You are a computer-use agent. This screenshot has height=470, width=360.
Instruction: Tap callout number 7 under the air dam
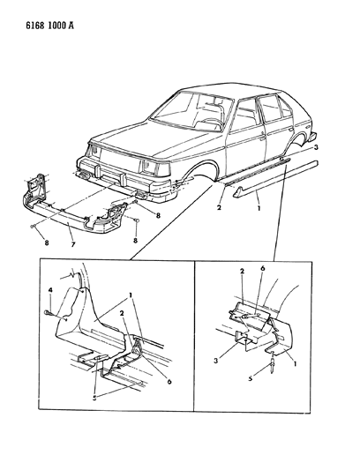tap(73, 243)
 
